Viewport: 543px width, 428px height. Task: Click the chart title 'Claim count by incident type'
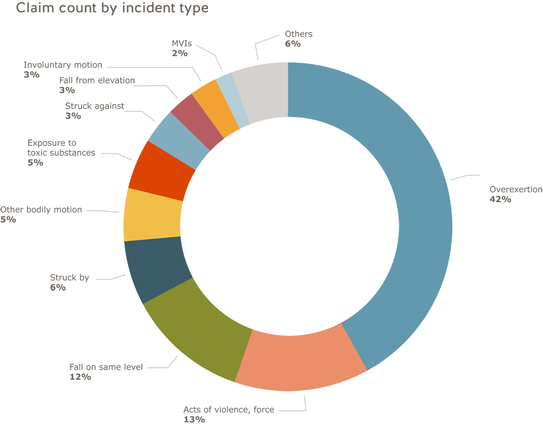pyautogui.click(x=112, y=8)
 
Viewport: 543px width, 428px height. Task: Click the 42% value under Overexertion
pyautogui.click(x=500, y=199)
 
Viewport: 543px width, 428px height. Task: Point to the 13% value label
pyautogui.click(x=194, y=419)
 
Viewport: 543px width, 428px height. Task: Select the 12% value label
pyautogui.click(x=80, y=377)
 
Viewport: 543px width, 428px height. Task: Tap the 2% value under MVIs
pyautogui.click(x=179, y=53)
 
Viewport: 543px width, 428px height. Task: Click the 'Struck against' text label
pyautogui.click(x=94, y=106)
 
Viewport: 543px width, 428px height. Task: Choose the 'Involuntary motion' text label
pyautogui.click(x=63, y=65)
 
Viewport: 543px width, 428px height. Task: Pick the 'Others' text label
pyautogui.click(x=299, y=34)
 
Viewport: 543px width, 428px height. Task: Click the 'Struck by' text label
pyautogui.click(x=70, y=278)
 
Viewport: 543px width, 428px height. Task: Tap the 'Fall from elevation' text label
pyautogui.click(x=97, y=81)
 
